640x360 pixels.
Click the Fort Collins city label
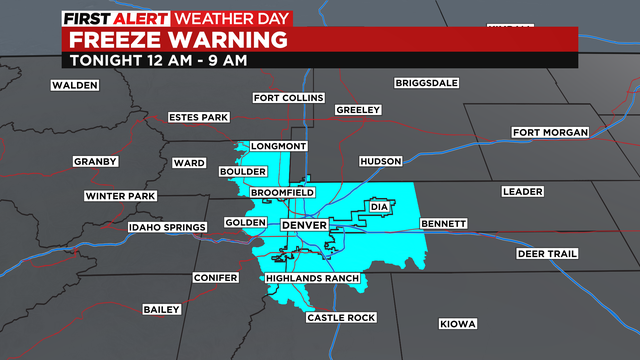pos(288,98)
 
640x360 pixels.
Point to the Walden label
pos(75,86)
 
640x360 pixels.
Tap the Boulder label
pos(242,172)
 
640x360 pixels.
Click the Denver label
pos(305,226)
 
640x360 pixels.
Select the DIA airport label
pos(378,207)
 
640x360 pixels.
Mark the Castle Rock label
pos(340,318)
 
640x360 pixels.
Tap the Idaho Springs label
pos(167,228)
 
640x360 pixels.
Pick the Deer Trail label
pos(547,254)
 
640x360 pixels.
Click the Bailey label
pos(161,310)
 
